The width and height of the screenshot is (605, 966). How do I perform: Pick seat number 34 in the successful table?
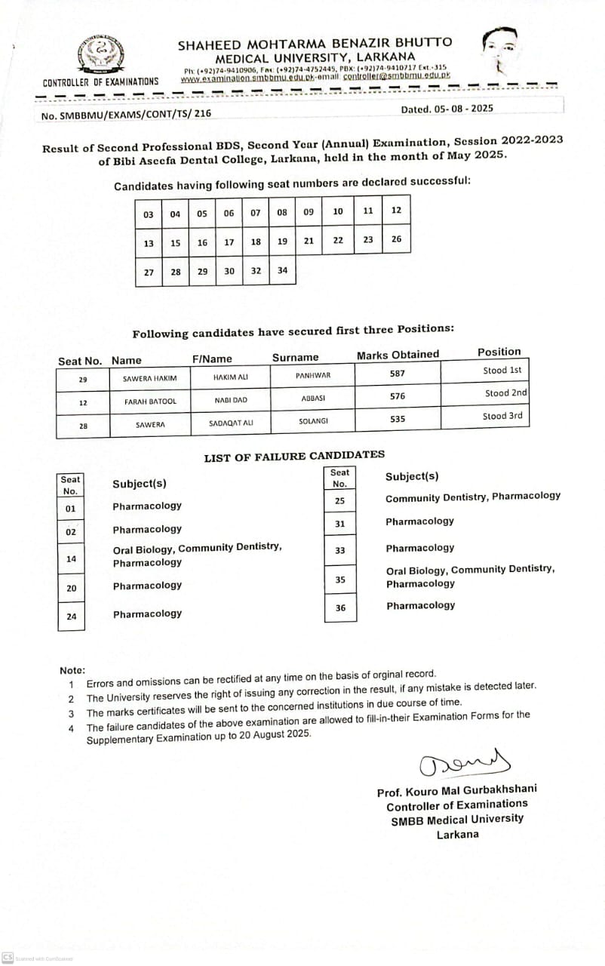tap(282, 271)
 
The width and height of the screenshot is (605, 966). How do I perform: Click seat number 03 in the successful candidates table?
tap(149, 214)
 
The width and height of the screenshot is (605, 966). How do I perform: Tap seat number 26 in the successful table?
tap(397, 240)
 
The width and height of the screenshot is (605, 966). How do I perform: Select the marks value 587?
tap(398, 374)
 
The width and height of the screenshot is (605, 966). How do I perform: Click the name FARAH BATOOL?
tap(150, 401)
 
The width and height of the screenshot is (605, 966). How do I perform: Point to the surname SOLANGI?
tap(314, 420)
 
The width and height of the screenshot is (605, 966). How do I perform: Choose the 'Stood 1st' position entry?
tap(502, 371)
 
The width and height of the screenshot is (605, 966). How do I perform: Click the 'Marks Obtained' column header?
tap(398, 355)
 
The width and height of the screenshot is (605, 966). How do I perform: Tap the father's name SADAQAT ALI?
tap(231, 423)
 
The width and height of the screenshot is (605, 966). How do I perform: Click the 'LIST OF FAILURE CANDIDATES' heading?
tap(294, 455)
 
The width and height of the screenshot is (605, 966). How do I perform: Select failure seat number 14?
tap(71, 559)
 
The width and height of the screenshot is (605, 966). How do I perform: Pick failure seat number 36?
tap(340, 608)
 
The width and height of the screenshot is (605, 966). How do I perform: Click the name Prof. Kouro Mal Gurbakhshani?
tap(457, 790)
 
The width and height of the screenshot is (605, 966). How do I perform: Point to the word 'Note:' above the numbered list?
tap(72, 670)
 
